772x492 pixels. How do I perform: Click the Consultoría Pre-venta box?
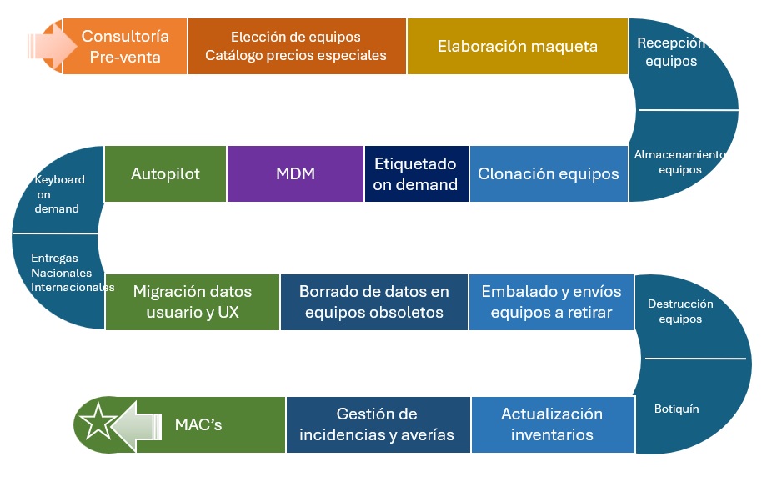125,47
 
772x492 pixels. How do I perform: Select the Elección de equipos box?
297,47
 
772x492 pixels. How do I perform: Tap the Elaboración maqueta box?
518,47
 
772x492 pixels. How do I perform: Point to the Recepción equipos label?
671,52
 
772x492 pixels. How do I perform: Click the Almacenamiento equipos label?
680,162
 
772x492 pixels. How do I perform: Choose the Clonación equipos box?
549,173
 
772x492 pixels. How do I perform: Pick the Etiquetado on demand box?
416,173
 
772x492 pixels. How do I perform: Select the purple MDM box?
295,173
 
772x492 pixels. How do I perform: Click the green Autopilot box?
165,173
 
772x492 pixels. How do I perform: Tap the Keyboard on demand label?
58,194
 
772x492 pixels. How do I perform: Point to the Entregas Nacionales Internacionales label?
73,273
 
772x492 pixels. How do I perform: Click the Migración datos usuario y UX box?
193,302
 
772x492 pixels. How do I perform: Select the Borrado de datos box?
374,302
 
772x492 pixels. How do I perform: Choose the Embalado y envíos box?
551,302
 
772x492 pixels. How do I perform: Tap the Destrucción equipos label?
680,311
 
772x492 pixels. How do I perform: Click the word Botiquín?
676,409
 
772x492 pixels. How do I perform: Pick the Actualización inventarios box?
553,424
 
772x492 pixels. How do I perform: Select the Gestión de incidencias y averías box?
378,424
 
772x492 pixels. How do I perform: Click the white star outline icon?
98,422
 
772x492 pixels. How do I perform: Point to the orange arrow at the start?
51,47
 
